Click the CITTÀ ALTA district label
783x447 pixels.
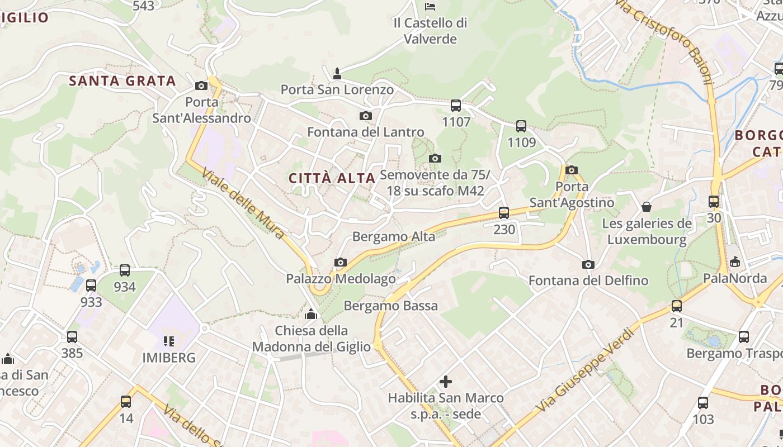pyautogui.click(x=332, y=178)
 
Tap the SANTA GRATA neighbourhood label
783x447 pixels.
pyautogui.click(x=122, y=81)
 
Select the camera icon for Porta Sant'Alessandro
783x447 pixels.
pyautogui.click(x=201, y=85)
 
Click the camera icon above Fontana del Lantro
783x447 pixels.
pyautogui.click(x=366, y=116)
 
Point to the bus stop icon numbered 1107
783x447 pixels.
pyautogui.click(x=456, y=105)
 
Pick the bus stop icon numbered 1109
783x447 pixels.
pyautogui.click(x=521, y=126)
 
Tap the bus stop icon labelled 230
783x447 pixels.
pyautogui.click(x=504, y=212)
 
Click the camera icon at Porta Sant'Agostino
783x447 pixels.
pyautogui.click(x=571, y=170)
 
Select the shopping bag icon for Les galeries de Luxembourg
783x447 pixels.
pyautogui.click(x=647, y=207)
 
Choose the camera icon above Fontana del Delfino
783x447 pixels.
pyautogui.click(x=588, y=264)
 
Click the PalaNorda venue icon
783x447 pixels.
pyautogui.click(x=734, y=261)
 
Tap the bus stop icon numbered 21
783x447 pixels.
pyautogui.click(x=677, y=306)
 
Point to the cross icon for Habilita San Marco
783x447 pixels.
pyautogui.click(x=446, y=382)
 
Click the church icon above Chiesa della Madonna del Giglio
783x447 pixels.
pyautogui.click(x=311, y=314)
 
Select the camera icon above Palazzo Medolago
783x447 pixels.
pyautogui.click(x=340, y=262)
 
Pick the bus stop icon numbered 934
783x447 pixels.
pyautogui.click(x=125, y=270)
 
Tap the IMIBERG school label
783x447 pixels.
pyautogui.click(x=169, y=358)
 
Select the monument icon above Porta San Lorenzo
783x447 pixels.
pyautogui.click(x=337, y=73)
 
